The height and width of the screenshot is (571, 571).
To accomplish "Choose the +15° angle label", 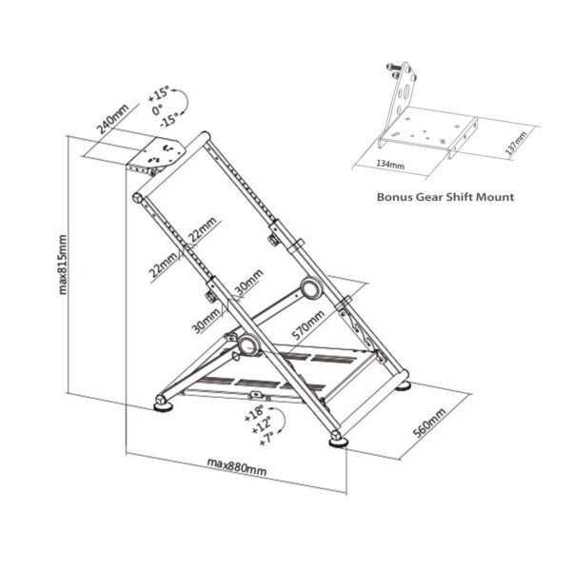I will [x=159, y=95].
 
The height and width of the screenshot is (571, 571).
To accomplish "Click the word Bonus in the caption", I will [x=398, y=197].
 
